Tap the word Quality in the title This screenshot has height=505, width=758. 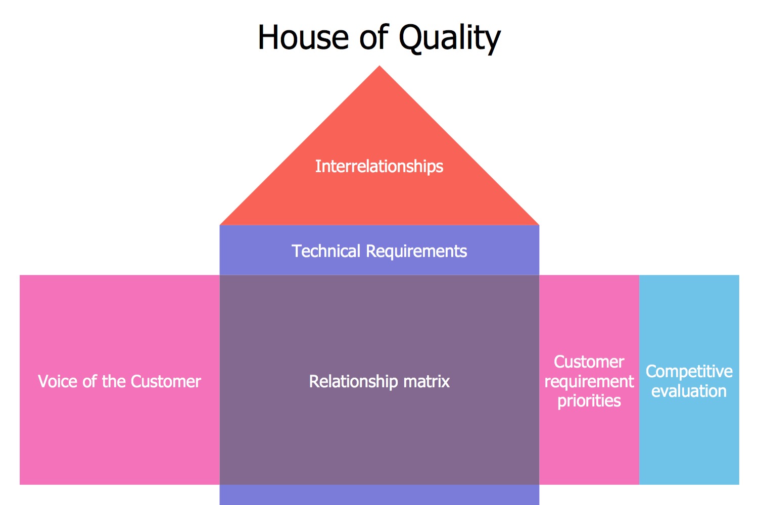pos(450,38)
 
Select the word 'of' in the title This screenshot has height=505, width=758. pos(374,38)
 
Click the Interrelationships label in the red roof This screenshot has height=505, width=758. pos(379,166)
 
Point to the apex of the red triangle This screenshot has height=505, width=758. pos(380,67)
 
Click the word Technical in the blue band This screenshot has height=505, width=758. pos(326,251)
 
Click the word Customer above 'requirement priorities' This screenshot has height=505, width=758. pos(589,362)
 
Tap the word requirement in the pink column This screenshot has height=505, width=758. pos(589,381)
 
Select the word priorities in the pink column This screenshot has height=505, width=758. pos(589,400)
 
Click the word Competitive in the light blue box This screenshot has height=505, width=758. pos(689,371)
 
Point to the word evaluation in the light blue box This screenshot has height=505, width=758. pos(689,391)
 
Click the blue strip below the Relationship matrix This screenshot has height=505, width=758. pos(379,495)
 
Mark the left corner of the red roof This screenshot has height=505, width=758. pos(221,224)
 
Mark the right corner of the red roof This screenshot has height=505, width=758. pos(538,224)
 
